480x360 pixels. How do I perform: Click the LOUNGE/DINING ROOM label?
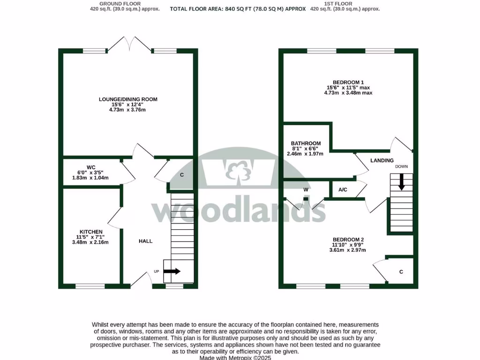pyautogui.click(x=128, y=99)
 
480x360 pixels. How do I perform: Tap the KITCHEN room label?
pyautogui.click(x=91, y=232)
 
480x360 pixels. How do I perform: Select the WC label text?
pyautogui.click(x=91, y=167)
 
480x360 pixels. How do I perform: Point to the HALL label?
pyautogui.click(x=145, y=241)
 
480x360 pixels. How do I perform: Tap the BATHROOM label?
pyautogui.click(x=306, y=143)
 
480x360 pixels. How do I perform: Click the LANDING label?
pyautogui.click(x=382, y=161)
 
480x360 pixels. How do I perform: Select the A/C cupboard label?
pyautogui.click(x=343, y=190)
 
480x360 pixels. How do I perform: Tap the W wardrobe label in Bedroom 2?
pyautogui.click(x=306, y=190)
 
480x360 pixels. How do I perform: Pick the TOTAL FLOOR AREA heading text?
pyautogui.click(x=238, y=9)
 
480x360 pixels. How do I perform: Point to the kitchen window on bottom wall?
pyautogui.click(x=90, y=285)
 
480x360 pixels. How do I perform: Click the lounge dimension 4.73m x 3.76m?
pyautogui.click(x=128, y=110)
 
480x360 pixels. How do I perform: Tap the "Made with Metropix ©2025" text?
pyautogui.click(x=235, y=357)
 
